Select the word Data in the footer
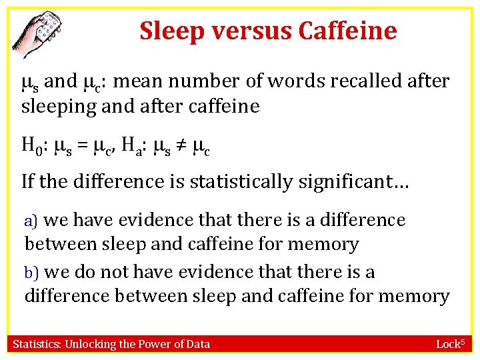coord(198,344)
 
